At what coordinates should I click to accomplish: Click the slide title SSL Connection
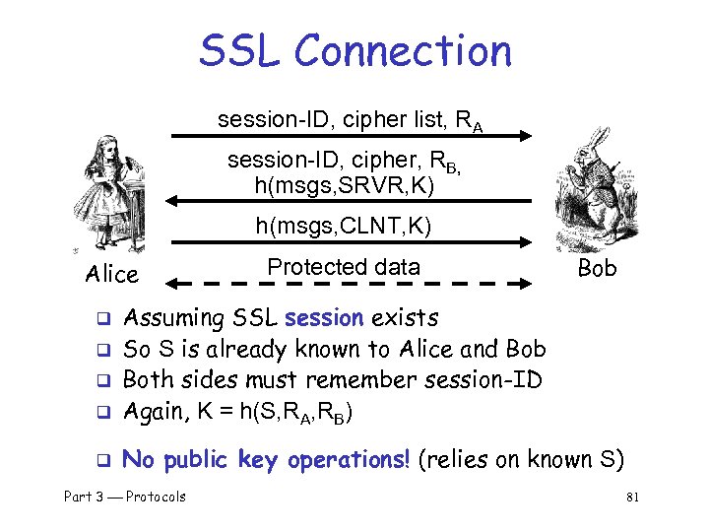click(x=354, y=50)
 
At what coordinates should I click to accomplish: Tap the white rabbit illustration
click(x=596, y=192)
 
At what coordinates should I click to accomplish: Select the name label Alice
click(x=112, y=274)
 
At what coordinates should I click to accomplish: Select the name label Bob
click(x=598, y=269)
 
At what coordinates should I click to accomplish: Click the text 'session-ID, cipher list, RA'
click(x=349, y=121)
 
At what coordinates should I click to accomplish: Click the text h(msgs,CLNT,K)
click(x=344, y=227)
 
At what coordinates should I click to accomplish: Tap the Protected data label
click(x=344, y=267)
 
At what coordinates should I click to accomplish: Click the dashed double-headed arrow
click(x=351, y=285)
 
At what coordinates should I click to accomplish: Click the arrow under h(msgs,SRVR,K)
click(x=349, y=201)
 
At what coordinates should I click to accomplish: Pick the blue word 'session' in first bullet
click(x=323, y=318)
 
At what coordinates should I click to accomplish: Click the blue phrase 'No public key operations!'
click(x=266, y=459)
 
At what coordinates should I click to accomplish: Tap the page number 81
click(x=632, y=498)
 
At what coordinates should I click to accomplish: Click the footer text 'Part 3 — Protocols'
click(x=125, y=497)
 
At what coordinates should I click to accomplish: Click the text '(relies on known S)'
click(x=521, y=459)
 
